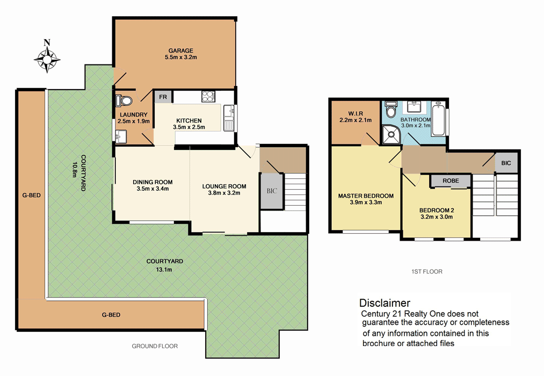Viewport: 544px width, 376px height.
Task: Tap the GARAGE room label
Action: (x=179, y=51)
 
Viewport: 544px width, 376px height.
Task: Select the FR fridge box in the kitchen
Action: (x=162, y=97)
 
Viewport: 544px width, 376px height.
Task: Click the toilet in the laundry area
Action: (x=125, y=100)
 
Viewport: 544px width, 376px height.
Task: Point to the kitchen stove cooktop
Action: (x=208, y=97)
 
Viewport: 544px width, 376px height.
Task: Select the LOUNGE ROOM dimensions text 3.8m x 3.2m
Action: (x=221, y=193)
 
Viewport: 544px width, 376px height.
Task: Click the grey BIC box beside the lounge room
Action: (x=271, y=191)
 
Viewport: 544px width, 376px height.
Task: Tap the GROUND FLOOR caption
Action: (x=155, y=346)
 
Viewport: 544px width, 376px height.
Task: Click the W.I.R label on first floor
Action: (x=356, y=113)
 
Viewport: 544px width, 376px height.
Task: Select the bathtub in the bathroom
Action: (x=439, y=118)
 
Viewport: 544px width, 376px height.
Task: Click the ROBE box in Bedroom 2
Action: (x=451, y=181)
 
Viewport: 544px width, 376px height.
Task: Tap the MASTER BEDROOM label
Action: (x=366, y=196)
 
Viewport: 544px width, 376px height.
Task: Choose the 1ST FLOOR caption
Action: (x=424, y=272)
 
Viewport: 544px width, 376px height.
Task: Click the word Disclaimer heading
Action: (x=385, y=303)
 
